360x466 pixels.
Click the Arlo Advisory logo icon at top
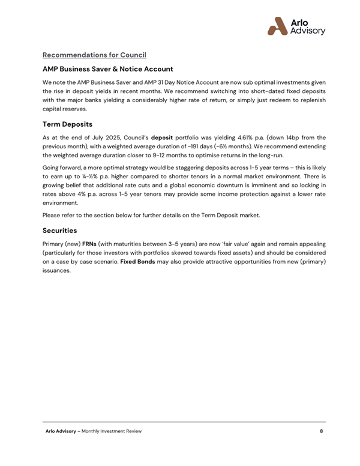point(278,25)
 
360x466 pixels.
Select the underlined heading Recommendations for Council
point(94,55)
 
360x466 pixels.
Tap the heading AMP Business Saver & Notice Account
point(107,70)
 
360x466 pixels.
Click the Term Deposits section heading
point(67,125)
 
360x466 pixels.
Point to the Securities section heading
point(60,230)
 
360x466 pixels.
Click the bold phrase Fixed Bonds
point(137,262)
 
